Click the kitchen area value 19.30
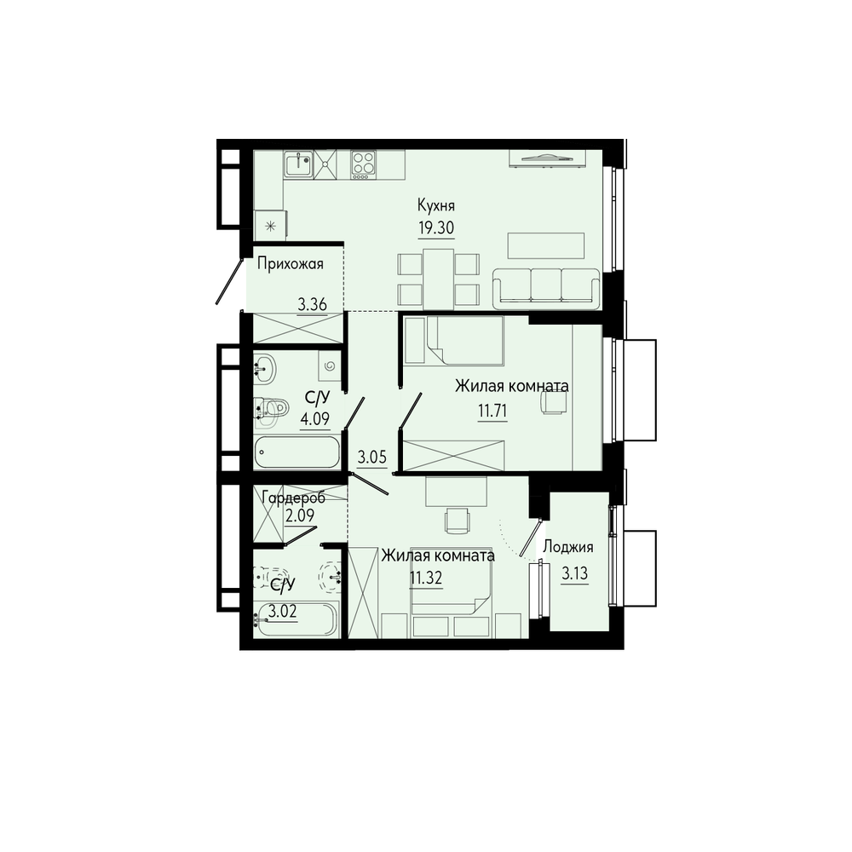(435, 227)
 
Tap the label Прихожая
(291, 264)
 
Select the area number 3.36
(312, 304)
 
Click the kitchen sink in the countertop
(298, 164)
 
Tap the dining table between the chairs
(439, 279)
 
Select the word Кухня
(435, 206)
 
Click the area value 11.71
(492, 412)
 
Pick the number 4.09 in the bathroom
(314, 420)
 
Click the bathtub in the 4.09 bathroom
(297, 452)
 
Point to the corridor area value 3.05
(372, 458)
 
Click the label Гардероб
(293, 498)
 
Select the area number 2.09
(300, 515)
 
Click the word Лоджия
(567, 547)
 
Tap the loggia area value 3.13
(574, 573)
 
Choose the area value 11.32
(425, 579)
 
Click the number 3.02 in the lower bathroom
(282, 613)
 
